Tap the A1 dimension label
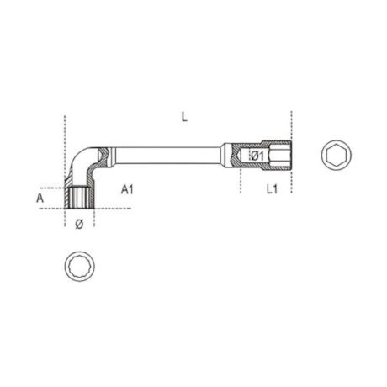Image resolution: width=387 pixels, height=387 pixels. point(127,190)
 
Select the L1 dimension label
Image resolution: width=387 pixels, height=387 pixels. point(271,190)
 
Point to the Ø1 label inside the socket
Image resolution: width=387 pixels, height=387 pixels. point(257,156)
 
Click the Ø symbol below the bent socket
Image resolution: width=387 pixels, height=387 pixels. point(78,224)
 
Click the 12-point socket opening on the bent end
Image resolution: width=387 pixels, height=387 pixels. point(80,199)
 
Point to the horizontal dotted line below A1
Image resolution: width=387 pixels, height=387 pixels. point(114,209)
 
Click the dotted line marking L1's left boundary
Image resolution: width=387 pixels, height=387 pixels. point(241,181)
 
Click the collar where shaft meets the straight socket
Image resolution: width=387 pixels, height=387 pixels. point(225,156)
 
